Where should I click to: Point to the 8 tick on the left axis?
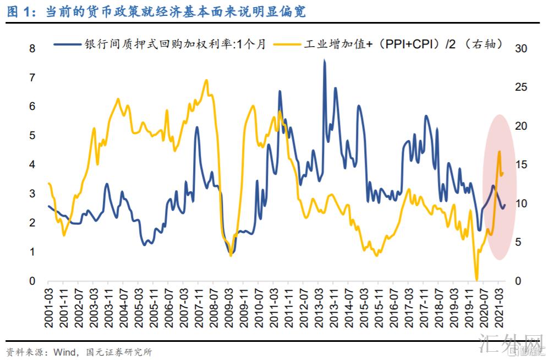32,48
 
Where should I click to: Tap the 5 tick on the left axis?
32,135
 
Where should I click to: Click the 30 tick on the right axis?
520,48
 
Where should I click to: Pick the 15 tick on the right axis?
520,165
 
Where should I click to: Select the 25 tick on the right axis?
520,87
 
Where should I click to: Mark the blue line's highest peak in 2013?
325,60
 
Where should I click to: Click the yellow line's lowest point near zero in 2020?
476,280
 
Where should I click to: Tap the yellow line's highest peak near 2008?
206,80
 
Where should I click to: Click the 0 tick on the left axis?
32,281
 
